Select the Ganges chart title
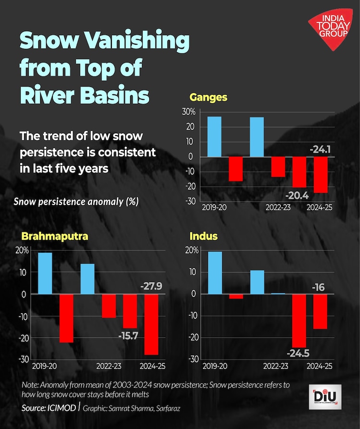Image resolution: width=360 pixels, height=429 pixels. (208, 98)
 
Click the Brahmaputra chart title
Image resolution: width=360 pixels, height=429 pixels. (54, 236)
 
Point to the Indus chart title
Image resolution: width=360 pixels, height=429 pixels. (204, 236)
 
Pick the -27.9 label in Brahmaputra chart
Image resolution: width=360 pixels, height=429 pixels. (151, 287)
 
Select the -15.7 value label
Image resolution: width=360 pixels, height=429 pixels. (128, 335)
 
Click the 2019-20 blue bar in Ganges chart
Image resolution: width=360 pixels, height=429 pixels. (214, 136)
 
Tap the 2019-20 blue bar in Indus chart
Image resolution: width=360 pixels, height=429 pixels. (215, 272)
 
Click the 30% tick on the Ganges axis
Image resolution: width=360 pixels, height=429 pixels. (188, 112)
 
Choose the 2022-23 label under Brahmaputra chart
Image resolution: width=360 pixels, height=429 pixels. (108, 366)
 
